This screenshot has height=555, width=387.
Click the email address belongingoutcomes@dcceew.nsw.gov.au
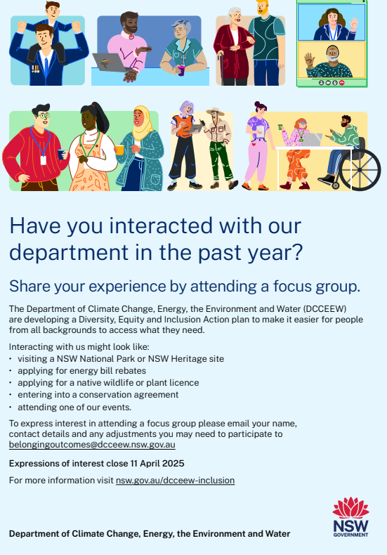pos(92,445)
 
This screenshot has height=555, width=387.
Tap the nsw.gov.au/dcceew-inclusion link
pos(175,481)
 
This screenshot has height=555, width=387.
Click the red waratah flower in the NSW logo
pos(350,508)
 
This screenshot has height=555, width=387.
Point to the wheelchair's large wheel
pos(360,170)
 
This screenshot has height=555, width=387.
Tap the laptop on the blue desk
pos(110,63)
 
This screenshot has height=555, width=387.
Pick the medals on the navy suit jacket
pos(35,69)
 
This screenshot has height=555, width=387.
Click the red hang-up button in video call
pos(342,83)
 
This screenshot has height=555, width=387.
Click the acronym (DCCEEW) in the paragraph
pos(325,308)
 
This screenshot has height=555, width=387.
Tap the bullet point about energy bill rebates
pos(81,371)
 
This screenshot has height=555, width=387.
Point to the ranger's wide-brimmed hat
pos(216,112)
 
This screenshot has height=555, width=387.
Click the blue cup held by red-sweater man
pos(62,155)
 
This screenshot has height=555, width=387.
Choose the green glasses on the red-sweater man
pos(44,115)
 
